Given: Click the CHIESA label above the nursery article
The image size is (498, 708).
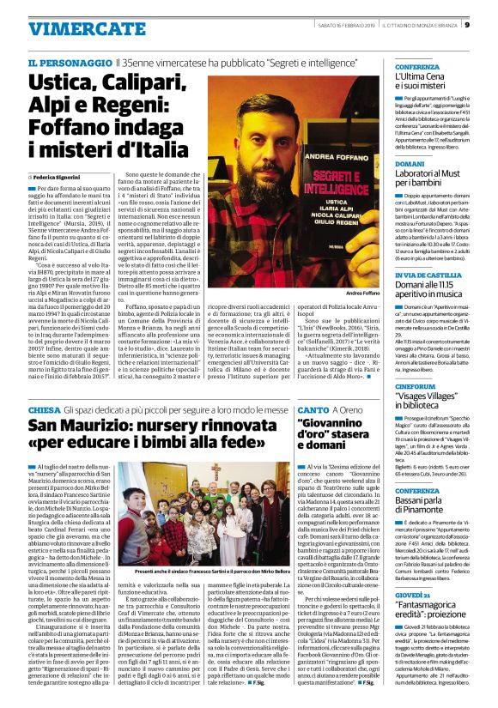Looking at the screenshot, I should point(44,412).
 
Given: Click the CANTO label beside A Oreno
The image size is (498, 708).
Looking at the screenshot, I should point(313,412).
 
